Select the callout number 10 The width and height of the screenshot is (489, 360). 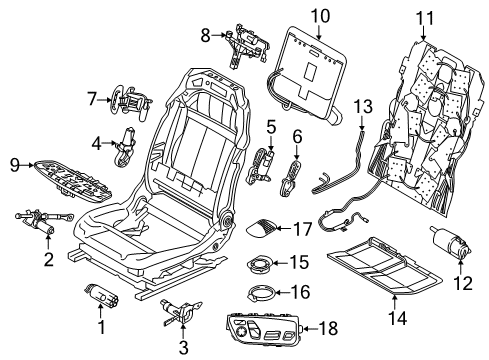point(318,15)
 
